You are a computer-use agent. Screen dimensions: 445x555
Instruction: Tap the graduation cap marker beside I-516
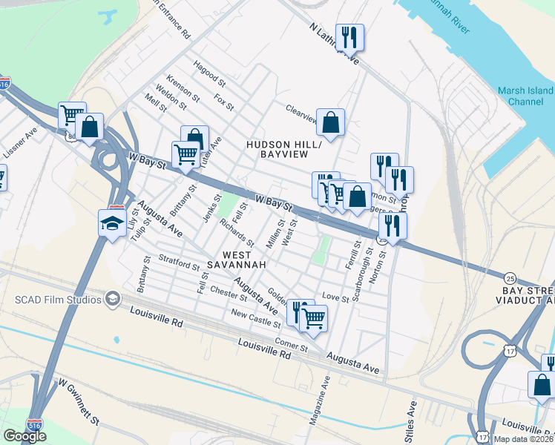(x=111, y=223)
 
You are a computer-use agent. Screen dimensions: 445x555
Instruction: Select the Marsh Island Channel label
(x=522, y=96)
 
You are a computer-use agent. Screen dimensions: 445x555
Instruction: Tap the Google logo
(x=24, y=436)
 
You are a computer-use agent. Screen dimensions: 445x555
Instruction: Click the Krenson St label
(x=183, y=88)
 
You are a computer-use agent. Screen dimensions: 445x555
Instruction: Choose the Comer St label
(x=291, y=346)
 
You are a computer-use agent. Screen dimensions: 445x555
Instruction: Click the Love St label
(x=335, y=298)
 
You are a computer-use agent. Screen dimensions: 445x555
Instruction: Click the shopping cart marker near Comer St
(x=313, y=317)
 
